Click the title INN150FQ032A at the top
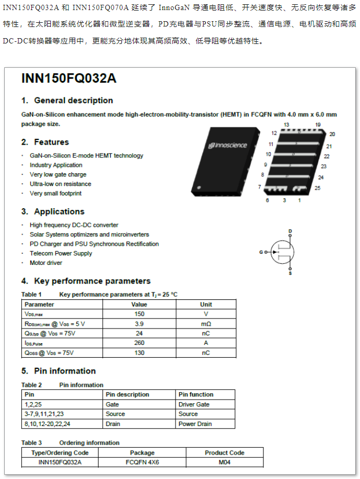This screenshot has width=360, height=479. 68,78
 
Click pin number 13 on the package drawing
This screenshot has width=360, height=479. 286,125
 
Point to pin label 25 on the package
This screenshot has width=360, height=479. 317,188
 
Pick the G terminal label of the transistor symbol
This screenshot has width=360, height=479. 261,252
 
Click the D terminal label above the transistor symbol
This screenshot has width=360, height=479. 290,231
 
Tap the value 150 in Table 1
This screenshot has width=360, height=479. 139,314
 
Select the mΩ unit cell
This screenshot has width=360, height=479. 206,324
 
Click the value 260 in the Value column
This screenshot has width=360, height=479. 139,343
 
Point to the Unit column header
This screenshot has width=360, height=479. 206,304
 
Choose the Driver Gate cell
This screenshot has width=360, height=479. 194,404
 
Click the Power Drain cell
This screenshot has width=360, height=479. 195,424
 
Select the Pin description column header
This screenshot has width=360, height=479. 127,394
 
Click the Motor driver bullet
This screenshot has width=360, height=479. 46,263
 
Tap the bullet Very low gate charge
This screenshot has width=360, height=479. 58,174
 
